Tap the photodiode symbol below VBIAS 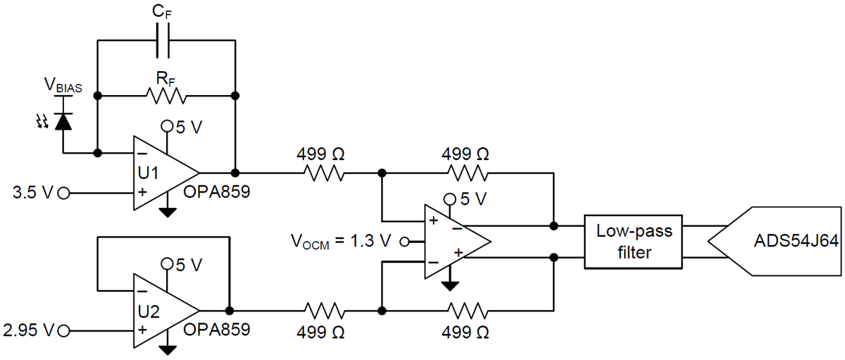[x=64, y=121]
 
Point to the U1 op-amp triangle [x=161, y=173]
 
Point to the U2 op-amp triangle [x=161, y=311]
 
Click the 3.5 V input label [x=32, y=192]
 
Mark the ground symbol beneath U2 [x=168, y=349]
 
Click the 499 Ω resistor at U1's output [x=323, y=173]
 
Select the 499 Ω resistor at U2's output [x=323, y=311]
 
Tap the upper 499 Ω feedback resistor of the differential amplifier [x=466, y=173]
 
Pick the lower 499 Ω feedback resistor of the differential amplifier [x=466, y=311]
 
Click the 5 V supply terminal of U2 [x=168, y=264]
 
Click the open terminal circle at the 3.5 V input [x=64, y=192]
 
